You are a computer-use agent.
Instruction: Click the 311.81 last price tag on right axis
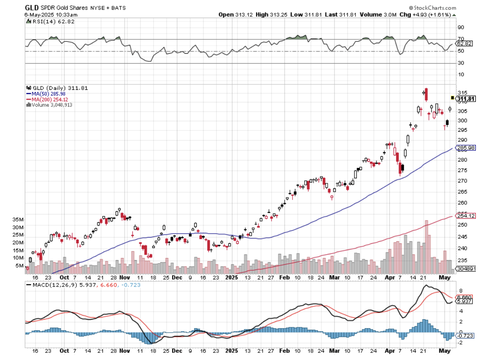tap(466, 99)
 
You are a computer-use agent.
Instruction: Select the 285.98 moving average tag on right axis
tap(466, 148)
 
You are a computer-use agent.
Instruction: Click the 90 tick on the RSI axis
tap(460, 28)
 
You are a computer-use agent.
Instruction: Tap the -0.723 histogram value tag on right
tap(465, 336)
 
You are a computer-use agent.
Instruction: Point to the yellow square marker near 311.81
tap(452, 97)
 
